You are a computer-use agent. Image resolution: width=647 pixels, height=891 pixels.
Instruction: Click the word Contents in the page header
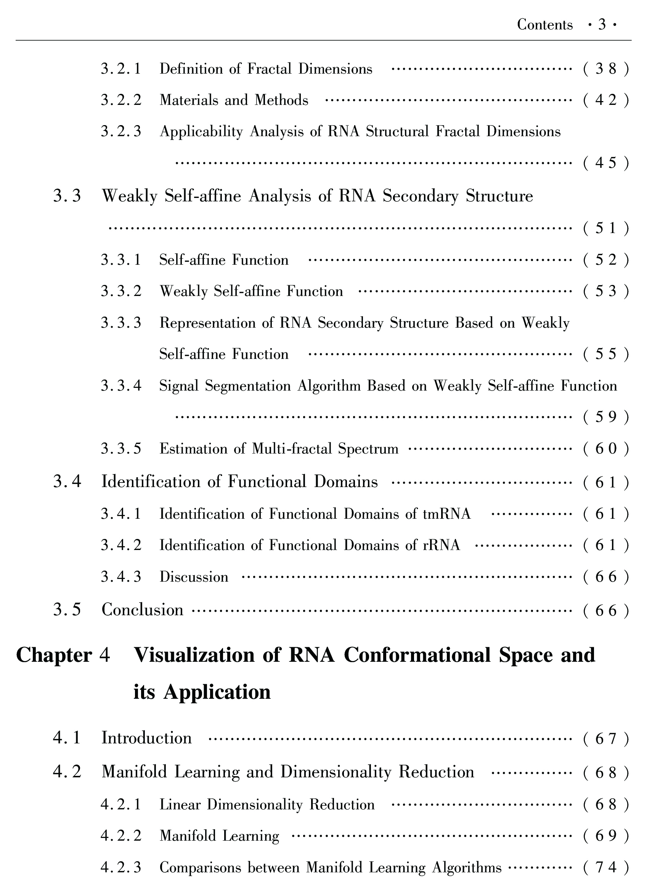544,25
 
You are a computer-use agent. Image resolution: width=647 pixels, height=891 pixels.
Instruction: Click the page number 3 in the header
602,25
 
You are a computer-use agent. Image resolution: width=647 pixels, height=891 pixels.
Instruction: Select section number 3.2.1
121,69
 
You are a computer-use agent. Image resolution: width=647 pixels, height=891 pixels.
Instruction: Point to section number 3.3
67,196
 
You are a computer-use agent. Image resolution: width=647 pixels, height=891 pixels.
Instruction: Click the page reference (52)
606,260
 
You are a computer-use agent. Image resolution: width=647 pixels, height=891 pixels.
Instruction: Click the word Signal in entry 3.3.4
179,386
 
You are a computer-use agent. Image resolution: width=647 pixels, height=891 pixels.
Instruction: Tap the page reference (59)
606,417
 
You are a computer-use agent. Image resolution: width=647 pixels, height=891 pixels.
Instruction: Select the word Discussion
194,577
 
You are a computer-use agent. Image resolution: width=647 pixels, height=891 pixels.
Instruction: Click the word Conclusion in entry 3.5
143,610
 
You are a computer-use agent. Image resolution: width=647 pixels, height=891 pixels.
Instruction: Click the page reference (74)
606,867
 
